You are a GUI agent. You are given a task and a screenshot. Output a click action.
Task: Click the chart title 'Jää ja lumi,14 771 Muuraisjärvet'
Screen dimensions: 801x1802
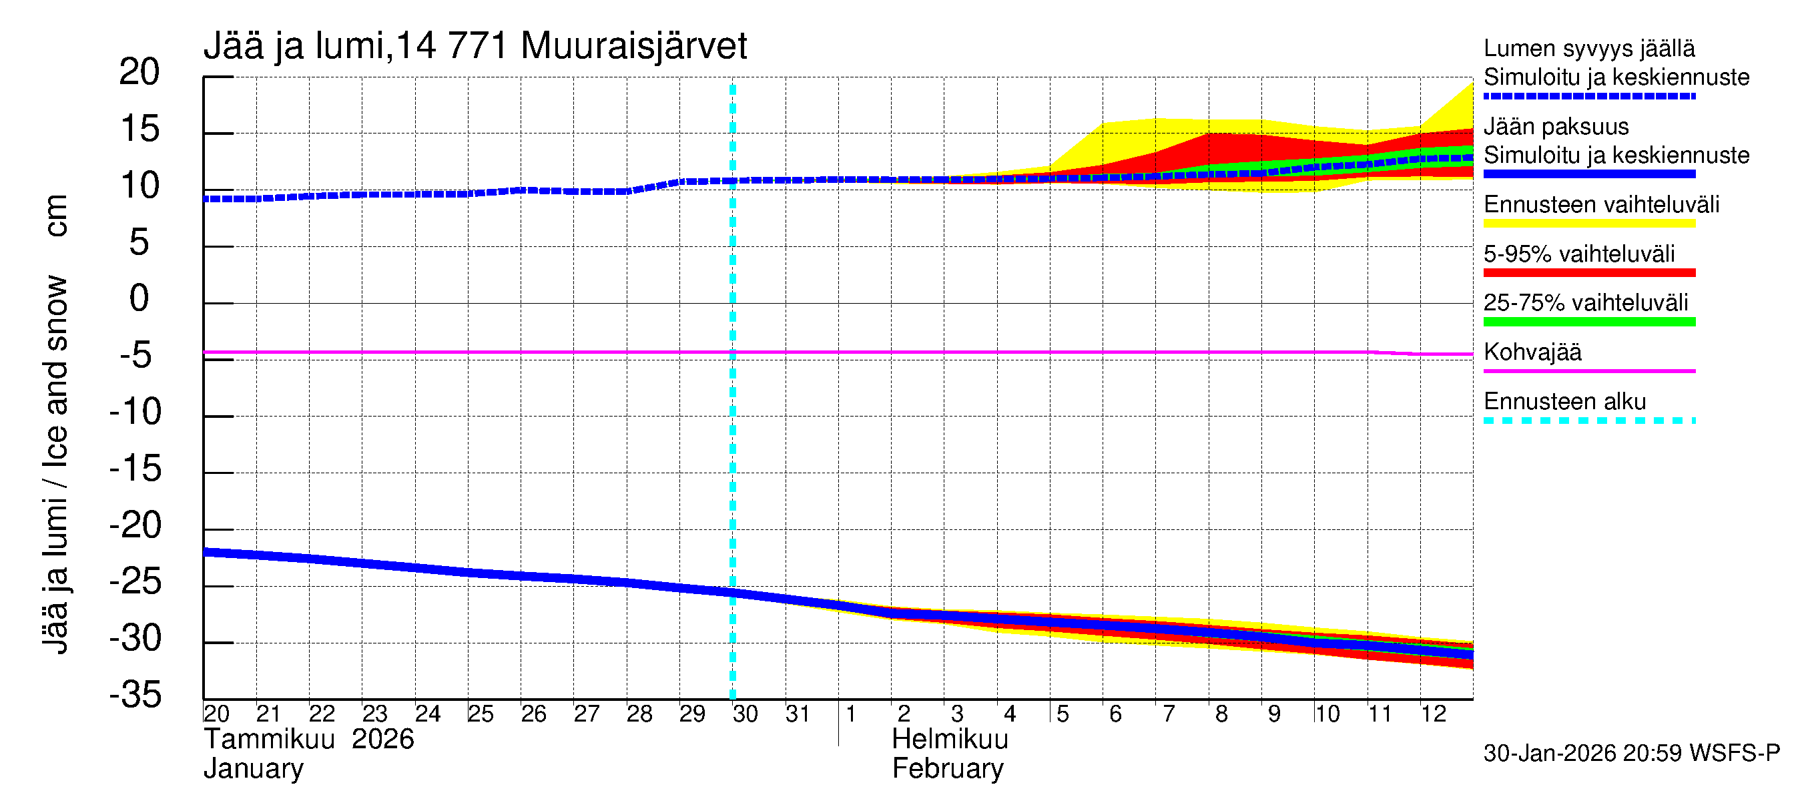pos(475,46)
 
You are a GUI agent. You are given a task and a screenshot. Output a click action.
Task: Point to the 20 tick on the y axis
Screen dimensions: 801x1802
pos(139,72)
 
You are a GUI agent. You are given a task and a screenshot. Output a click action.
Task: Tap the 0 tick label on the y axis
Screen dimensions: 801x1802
pos(139,299)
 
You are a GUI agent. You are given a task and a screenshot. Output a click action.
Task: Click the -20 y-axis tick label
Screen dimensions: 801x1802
pos(135,525)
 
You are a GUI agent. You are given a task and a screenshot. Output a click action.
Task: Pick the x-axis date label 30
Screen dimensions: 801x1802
pos(745,714)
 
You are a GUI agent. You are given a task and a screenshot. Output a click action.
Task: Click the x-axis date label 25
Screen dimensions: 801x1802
pos(481,714)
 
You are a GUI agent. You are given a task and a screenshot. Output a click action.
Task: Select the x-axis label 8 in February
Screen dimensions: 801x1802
pos(1221,714)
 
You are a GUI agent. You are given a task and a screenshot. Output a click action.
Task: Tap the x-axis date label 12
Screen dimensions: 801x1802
pos(1434,714)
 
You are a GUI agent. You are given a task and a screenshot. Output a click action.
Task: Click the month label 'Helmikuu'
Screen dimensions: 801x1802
pos(950,740)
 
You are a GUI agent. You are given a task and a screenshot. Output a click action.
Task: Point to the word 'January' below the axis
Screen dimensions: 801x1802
pos(253,769)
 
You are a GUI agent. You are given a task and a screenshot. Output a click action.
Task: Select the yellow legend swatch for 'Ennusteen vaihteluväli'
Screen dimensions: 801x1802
pos(1588,224)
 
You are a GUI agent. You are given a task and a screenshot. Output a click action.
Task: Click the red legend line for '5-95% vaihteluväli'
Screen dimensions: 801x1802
pos(1588,273)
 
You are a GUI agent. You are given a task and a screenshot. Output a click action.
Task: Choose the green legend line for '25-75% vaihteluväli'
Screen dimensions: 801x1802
pos(1588,322)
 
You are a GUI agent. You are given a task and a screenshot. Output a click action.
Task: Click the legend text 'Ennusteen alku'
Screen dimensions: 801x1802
pos(1565,402)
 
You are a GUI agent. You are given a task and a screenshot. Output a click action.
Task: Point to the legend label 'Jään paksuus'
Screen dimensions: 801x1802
pos(1556,127)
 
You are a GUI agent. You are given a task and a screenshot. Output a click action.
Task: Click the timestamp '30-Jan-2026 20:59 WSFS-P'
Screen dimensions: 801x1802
pos(1631,754)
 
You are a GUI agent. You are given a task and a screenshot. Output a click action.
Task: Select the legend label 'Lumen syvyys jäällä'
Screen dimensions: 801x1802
pos(1588,48)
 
